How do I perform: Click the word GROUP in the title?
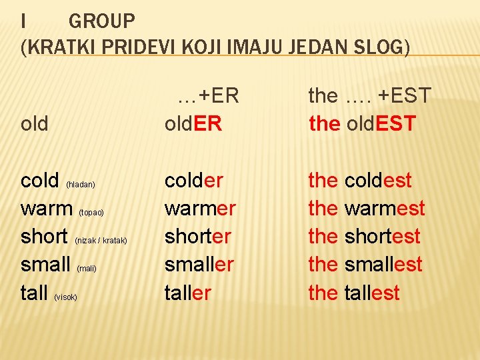pos(101,21)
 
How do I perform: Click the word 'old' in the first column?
pos(35,124)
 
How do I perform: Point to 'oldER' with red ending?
pos(193,123)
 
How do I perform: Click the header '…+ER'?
pos(208,96)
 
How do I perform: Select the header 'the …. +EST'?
pos(370,96)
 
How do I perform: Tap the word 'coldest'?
pos(378,180)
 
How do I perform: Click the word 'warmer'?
pos(200,209)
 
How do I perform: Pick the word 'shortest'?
pos(383,237)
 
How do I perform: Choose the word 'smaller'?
pos(199,265)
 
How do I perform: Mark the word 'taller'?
pos(187,293)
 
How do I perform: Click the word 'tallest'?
pos(372,293)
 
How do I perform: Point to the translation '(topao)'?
pos(91,213)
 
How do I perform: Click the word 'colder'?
pos(193,180)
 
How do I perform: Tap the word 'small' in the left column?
pos(46,265)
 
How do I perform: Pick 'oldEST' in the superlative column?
pos(380,123)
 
